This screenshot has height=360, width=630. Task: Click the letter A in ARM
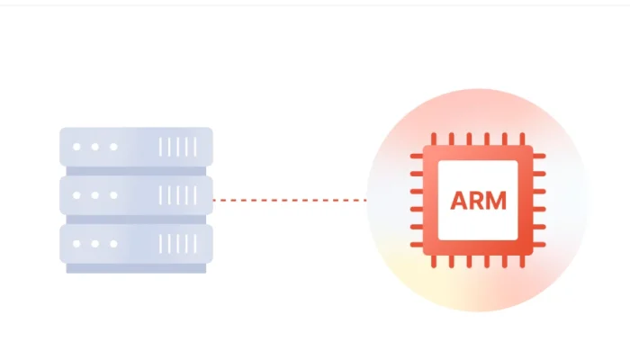pos(459,200)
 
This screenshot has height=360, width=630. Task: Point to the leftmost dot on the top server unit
pos(77,146)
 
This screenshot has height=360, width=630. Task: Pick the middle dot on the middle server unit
pos(95,194)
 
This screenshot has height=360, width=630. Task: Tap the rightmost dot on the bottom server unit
pos(112,243)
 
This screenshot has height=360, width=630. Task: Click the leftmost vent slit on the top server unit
pos(162,146)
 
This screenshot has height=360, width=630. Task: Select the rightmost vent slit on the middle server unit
pos(194,194)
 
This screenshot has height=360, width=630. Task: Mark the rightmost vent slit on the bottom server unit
pos(194,243)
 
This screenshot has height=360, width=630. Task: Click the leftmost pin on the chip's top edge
pos(434,139)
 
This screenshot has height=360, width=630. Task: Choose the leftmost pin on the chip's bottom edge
pos(434,261)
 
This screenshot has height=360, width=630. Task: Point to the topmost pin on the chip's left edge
pos(417,157)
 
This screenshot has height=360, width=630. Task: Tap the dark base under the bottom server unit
pos(136,268)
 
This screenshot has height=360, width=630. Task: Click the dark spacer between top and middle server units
pos(136,170)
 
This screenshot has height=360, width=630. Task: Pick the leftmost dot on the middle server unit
pos(77,194)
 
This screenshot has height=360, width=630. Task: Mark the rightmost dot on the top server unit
pos(112,146)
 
